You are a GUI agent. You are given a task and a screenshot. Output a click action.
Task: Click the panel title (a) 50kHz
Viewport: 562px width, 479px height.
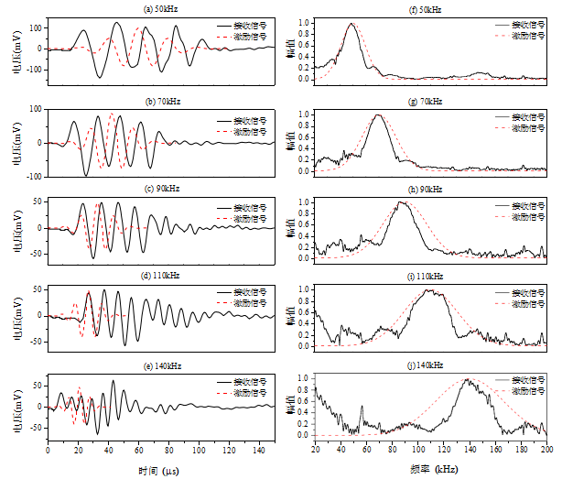pyautogui.click(x=161, y=9)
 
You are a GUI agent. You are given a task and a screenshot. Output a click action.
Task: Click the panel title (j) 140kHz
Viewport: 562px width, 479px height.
pyautogui.click(x=431, y=365)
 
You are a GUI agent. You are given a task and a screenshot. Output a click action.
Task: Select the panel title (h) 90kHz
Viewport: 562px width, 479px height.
pyautogui.click(x=431, y=189)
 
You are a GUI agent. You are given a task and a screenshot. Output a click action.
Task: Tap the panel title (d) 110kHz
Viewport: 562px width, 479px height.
pyautogui.click(x=161, y=276)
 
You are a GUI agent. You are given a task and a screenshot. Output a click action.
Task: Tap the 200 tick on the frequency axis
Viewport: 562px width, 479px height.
pyautogui.click(x=547, y=451)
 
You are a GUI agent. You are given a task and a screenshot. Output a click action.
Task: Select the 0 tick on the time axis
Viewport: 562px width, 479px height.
pyautogui.click(x=48, y=451)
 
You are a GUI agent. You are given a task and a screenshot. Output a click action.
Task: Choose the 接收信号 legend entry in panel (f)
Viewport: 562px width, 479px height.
pyautogui.click(x=527, y=26)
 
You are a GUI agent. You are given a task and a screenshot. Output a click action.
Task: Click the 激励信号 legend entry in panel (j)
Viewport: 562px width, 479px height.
pyautogui.click(x=527, y=390)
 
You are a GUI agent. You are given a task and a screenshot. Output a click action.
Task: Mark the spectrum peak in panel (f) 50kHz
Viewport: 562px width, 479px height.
pyautogui.click(x=351, y=25)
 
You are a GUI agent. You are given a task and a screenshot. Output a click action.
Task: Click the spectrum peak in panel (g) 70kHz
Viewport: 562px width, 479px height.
pyautogui.click(x=377, y=115)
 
